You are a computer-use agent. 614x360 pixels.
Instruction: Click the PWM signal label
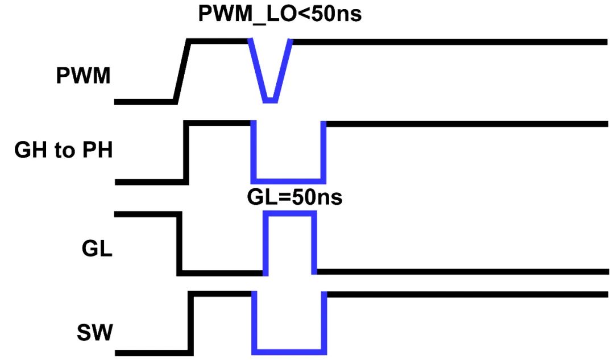[x=83, y=76]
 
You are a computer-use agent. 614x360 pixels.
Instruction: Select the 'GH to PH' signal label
[x=63, y=152]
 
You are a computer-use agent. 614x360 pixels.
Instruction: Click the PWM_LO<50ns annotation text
[x=280, y=14]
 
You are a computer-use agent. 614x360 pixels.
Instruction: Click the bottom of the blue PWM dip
[x=270, y=101]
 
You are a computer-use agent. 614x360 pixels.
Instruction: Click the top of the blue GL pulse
[x=288, y=213]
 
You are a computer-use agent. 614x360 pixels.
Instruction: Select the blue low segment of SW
[x=290, y=350]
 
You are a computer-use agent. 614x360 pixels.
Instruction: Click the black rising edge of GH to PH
[x=186, y=151]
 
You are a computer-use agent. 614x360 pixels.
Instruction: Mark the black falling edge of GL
[x=180, y=243]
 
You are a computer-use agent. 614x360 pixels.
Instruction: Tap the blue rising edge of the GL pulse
[x=265, y=243]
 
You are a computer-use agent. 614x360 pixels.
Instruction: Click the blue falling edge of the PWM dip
[x=257, y=71]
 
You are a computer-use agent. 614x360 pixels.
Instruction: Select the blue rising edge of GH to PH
[x=323, y=151]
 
